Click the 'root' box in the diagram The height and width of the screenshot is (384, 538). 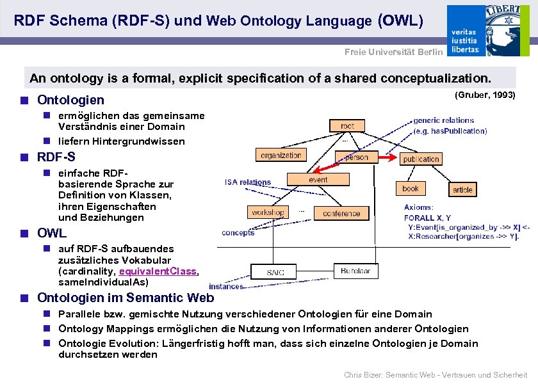[348, 126]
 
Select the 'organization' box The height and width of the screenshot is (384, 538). [281, 155]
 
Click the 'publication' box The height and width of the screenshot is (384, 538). [421, 159]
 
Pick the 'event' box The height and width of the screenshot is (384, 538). [318, 180]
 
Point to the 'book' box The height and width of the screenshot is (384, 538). [410, 188]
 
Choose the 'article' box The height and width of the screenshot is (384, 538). [462, 189]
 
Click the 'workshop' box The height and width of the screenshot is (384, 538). [268, 212]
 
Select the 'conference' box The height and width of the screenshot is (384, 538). [341, 213]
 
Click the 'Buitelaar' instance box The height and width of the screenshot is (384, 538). [355, 271]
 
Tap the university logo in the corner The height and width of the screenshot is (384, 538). [491, 30]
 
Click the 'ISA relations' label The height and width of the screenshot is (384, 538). [247, 182]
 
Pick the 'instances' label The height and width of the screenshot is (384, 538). [226, 286]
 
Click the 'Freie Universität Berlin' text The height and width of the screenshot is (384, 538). [393, 52]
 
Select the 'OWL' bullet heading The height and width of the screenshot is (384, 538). [52, 234]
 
